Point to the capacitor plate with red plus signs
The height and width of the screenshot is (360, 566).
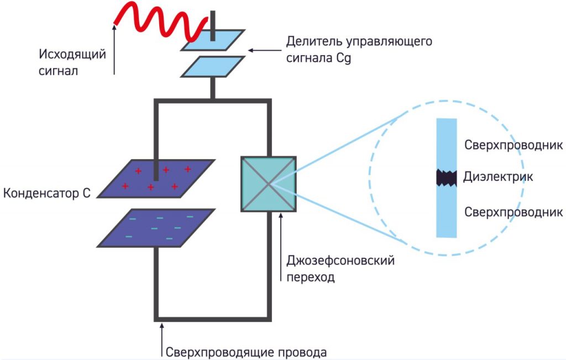[156, 178]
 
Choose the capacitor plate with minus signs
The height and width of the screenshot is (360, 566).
[156, 227]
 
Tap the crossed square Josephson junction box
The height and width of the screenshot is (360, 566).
[269, 184]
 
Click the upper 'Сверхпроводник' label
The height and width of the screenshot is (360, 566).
[513, 145]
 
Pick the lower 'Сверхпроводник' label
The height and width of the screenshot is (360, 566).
[513, 212]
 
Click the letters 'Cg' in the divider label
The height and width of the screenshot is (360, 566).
[344, 58]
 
